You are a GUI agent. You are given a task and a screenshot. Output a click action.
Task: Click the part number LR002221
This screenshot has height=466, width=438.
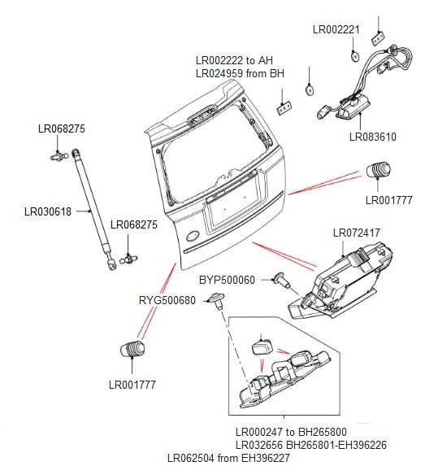[x=336, y=29]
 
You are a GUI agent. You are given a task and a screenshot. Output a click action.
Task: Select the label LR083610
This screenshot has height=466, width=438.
[x=372, y=137]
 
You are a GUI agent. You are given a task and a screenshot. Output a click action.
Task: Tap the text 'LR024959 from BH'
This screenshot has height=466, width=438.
[x=240, y=74]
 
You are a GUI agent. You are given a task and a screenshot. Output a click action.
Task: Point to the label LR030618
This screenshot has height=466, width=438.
[x=48, y=212]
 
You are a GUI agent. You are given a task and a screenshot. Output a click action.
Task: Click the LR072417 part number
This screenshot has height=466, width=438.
[x=357, y=233]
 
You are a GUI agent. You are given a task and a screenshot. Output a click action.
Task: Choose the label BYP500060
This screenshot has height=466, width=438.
[x=228, y=281]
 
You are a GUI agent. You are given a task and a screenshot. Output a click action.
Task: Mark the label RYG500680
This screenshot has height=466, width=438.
[x=167, y=300]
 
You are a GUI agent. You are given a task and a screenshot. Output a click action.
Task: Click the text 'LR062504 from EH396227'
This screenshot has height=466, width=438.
[x=230, y=458]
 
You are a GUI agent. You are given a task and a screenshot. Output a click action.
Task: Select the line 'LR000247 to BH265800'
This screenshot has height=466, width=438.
[x=291, y=432]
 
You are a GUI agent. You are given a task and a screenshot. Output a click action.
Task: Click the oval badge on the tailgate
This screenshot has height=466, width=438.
[x=193, y=237]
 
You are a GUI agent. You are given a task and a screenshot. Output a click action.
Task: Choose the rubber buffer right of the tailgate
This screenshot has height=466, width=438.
[x=379, y=172]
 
